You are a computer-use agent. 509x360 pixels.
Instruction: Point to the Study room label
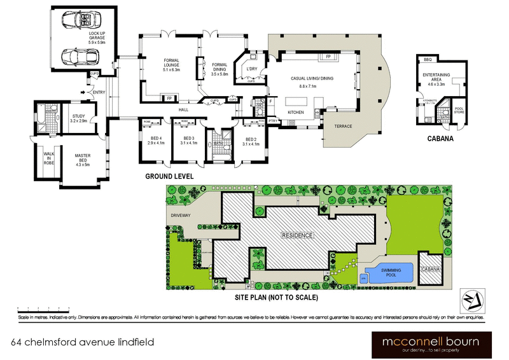pos(76,117)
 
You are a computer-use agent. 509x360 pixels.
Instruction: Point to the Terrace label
pos(342,126)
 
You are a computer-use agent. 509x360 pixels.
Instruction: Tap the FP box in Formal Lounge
pos(169,99)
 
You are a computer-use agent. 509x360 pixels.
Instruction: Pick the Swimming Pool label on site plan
pos(391,272)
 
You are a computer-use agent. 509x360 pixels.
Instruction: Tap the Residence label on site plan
pos(298,235)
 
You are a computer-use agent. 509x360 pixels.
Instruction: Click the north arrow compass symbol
pos(472,297)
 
